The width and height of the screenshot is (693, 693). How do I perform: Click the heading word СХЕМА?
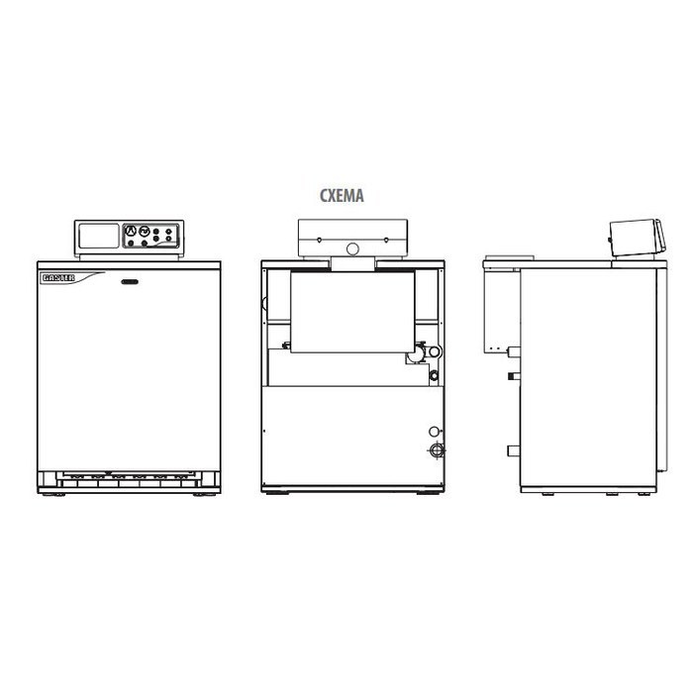coord(342,195)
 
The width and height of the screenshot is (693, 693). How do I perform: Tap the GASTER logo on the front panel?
coord(58,277)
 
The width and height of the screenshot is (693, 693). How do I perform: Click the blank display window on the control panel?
coord(99,236)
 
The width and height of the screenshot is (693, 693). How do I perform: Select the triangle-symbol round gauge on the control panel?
coord(131,231)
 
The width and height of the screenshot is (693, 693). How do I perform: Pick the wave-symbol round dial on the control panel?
coord(145,231)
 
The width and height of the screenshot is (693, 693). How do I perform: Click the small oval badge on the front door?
coord(130,281)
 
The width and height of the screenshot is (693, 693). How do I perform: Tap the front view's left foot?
coord(53,495)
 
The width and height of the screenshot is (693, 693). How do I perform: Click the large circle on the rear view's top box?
coord(352,249)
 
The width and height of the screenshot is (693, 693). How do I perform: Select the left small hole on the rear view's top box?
coord(319,240)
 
